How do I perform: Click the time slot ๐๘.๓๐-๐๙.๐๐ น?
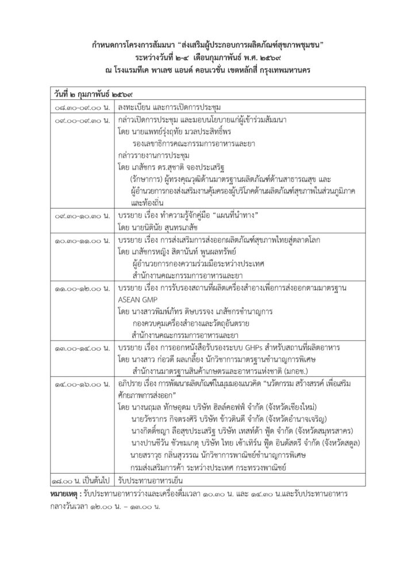[x=82, y=107]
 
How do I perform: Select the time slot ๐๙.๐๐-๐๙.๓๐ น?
[x=82, y=121]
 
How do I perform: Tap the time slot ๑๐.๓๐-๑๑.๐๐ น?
[x=82, y=238]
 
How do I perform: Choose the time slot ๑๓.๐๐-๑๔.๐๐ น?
[x=82, y=348]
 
